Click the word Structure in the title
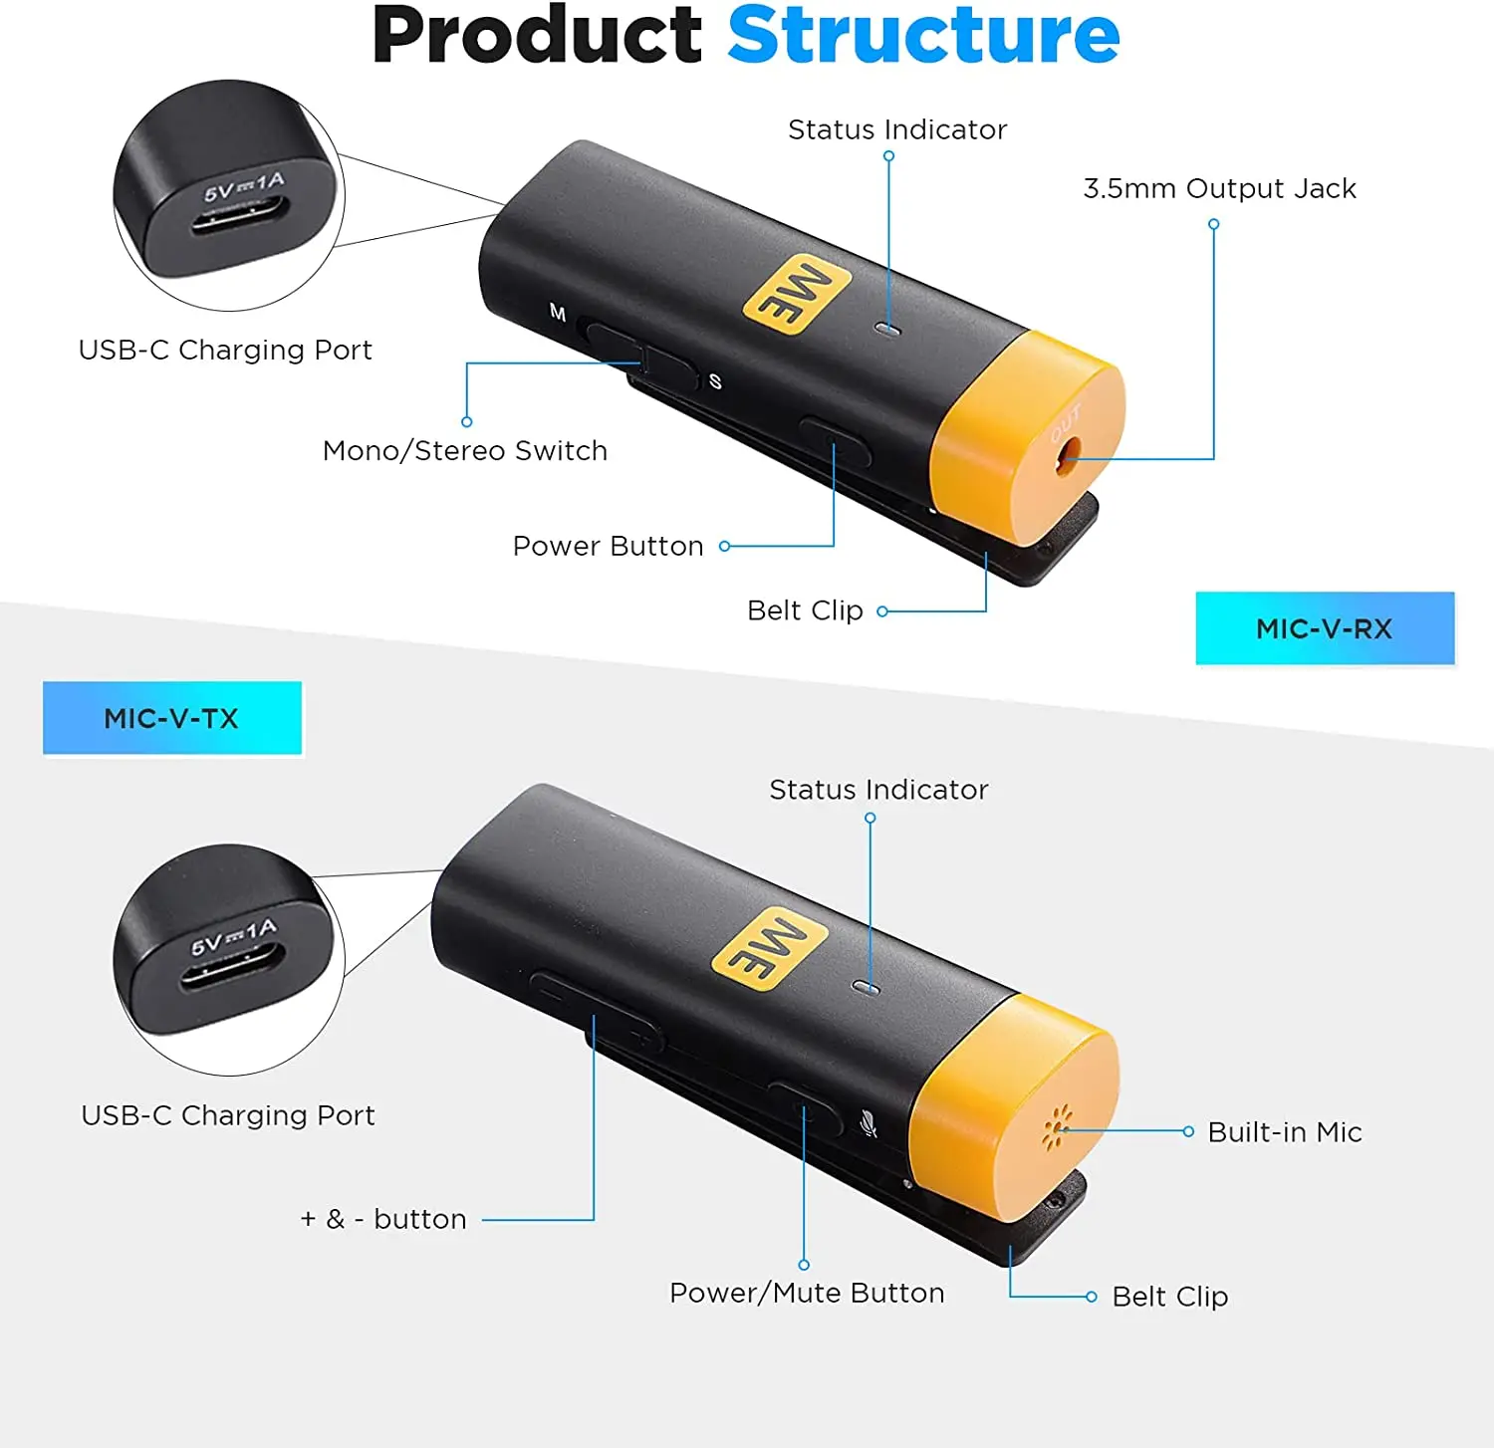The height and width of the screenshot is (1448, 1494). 923,36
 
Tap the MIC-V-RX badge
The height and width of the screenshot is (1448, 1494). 1324,628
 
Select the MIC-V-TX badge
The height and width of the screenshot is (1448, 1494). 171,718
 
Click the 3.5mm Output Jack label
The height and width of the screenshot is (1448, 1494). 1219,188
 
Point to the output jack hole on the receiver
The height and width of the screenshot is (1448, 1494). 1067,454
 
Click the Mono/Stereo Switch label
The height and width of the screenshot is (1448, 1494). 464,451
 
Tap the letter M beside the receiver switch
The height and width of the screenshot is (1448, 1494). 558,314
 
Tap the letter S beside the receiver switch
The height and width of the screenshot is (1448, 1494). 715,381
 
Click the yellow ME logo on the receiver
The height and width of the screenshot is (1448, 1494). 797,294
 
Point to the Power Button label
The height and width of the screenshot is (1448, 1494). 608,546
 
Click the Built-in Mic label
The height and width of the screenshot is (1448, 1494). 1284,1132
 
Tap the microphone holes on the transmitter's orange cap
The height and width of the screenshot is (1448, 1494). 1056,1128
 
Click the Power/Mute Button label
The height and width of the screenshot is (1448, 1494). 807,1293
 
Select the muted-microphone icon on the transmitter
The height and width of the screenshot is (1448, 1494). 869,1124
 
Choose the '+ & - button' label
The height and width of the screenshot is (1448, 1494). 383,1219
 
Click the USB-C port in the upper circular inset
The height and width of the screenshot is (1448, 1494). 239,216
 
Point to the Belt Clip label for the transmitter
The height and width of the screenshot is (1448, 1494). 1169,1297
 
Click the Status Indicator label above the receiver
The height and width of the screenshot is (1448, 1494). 896,129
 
